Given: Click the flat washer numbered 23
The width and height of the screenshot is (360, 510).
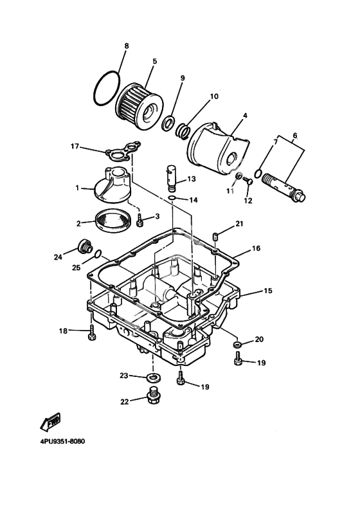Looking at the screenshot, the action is click(152, 378).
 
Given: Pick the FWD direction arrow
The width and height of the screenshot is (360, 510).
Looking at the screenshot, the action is click(51, 421).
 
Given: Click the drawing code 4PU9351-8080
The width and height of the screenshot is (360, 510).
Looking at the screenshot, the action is click(62, 442).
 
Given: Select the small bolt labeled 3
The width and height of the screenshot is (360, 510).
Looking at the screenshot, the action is click(140, 220).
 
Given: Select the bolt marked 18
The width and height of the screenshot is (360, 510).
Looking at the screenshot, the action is click(92, 332).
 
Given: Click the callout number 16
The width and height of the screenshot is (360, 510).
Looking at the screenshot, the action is click(256, 248).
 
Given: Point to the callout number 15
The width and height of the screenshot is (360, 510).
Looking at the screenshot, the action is click(268, 291).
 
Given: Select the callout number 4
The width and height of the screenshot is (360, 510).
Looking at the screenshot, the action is click(245, 116).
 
